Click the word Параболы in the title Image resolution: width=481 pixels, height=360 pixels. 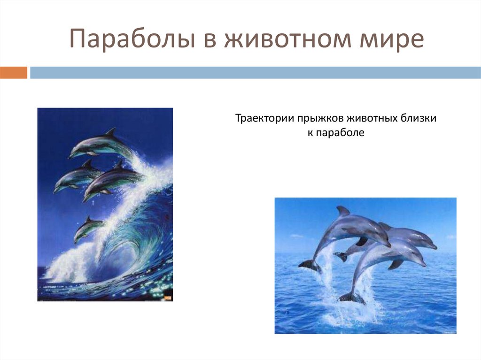click(x=132, y=39)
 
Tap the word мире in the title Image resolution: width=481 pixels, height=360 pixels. click(x=393, y=39)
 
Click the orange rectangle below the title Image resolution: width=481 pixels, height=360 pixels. click(x=13, y=73)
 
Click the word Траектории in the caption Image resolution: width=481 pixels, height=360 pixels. click(x=264, y=119)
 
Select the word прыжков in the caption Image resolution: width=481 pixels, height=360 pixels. click(x=320, y=119)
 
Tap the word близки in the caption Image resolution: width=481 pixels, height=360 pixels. click(x=419, y=119)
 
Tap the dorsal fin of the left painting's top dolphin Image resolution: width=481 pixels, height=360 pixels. click(x=110, y=132)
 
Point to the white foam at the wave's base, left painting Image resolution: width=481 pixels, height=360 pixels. click(x=66, y=268)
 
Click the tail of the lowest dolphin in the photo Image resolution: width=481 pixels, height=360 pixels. click(x=351, y=298)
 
